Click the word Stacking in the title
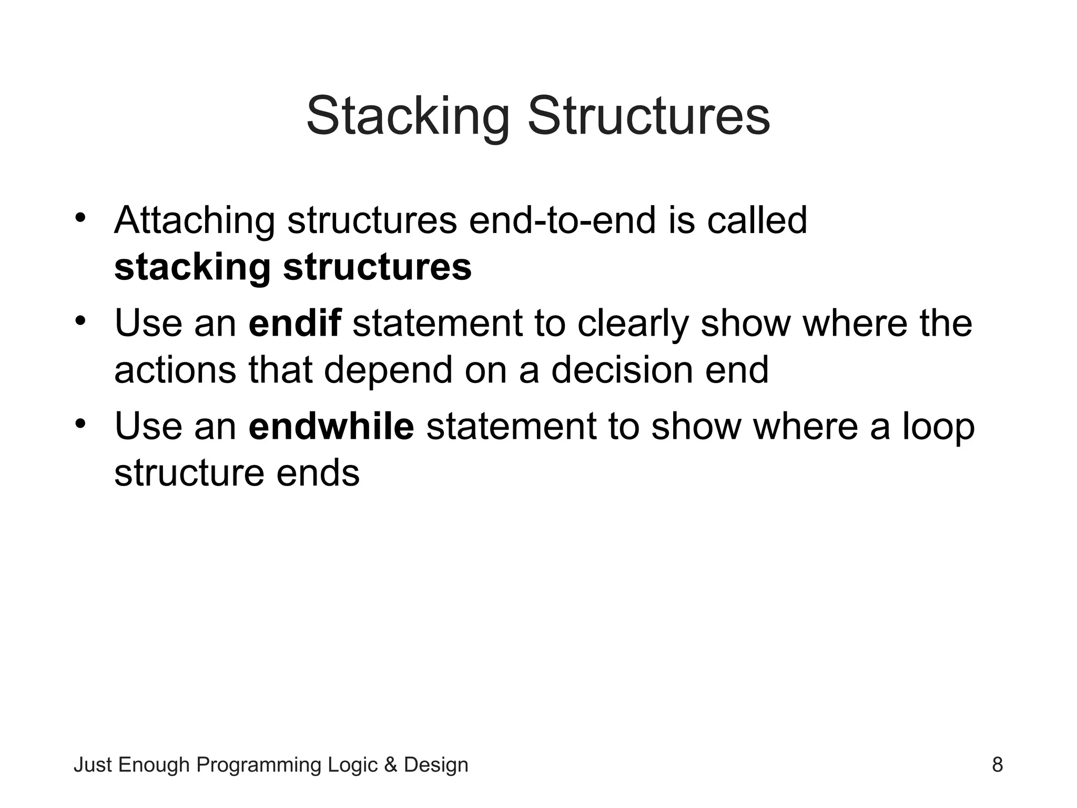pyautogui.click(x=408, y=117)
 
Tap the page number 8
pyautogui.click(x=997, y=764)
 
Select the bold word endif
pyautogui.click(x=294, y=322)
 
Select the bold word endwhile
pyautogui.click(x=331, y=426)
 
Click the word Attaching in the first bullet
pyautogui.click(x=195, y=221)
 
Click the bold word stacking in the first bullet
pyautogui.click(x=192, y=268)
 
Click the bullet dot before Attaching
pyautogui.click(x=80, y=217)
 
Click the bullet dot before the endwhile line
pyautogui.click(x=80, y=423)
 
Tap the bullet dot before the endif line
pyautogui.click(x=80, y=320)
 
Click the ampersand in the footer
pyautogui.click(x=391, y=765)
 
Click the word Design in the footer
pyautogui.click(x=435, y=765)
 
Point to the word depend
pyautogui.click(x=388, y=370)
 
